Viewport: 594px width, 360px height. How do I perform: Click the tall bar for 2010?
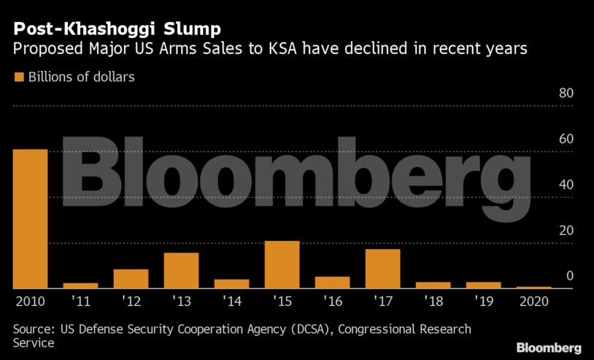tap(30, 219)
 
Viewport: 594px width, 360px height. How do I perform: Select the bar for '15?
tap(282, 264)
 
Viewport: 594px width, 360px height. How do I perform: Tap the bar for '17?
tap(382, 269)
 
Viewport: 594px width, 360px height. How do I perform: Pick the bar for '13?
tap(181, 270)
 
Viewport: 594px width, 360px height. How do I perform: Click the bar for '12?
tap(131, 279)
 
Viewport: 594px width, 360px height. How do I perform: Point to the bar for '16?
tap(332, 283)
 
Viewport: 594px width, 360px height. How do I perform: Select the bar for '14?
tap(231, 284)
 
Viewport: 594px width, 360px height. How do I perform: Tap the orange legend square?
tap(19, 77)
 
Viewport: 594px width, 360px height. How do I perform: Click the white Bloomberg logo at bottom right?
tap(549, 348)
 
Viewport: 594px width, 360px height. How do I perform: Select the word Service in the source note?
tap(34, 342)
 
